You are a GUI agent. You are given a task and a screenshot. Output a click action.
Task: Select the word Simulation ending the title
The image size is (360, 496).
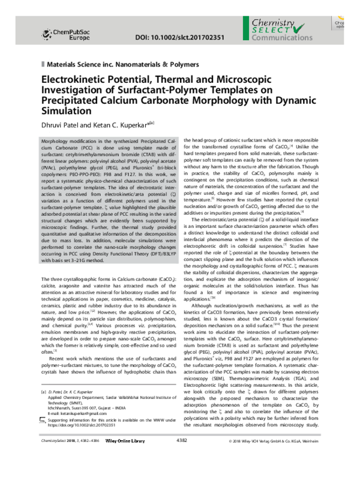pos(64,111)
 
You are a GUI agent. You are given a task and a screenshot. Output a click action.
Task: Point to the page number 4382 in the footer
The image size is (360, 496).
pos(182,474)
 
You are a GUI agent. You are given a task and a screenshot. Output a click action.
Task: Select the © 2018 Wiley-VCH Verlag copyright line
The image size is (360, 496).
pos(280,474)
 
